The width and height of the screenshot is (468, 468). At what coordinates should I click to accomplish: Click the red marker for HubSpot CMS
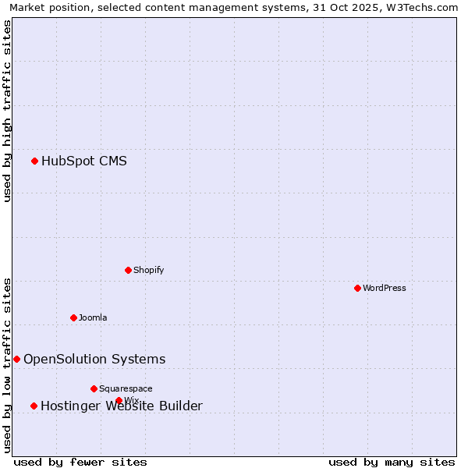point(34,161)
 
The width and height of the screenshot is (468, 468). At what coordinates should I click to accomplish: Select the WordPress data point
point(357,288)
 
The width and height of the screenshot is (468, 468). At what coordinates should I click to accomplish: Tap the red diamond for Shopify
point(128,270)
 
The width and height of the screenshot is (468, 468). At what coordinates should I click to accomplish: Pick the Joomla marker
point(73,317)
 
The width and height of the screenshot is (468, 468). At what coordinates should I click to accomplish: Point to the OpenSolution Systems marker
point(16,359)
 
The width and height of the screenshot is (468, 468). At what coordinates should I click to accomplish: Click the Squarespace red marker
point(94,388)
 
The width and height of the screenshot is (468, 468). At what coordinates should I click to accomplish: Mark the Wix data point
point(119,400)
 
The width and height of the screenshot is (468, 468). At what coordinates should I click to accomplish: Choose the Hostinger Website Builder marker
point(34,406)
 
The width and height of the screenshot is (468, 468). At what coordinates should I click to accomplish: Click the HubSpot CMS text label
point(84,161)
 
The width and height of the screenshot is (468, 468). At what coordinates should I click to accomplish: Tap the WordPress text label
point(385,289)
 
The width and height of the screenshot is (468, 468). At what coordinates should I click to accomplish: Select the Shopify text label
point(148,271)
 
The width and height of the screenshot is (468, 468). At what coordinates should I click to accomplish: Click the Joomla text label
point(93,318)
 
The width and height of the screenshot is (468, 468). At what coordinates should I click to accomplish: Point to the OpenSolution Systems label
point(94,360)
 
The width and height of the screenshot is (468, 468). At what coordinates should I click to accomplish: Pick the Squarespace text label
point(126,389)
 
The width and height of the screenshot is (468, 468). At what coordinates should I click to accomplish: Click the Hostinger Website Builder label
point(121,406)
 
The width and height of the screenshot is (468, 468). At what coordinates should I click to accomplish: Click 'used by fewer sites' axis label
point(80,463)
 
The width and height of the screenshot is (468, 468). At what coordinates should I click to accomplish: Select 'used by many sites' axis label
point(392,463)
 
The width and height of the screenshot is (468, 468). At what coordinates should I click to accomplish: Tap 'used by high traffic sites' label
point(7,111)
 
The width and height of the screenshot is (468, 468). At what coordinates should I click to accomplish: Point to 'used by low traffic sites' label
point(7,365)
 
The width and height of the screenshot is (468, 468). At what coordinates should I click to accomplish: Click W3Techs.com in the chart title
point(425,7)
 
